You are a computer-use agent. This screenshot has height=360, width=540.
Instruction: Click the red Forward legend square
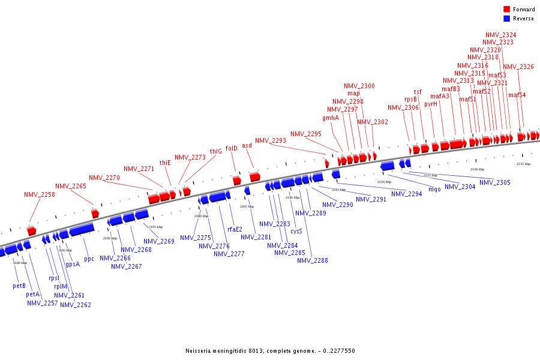507,10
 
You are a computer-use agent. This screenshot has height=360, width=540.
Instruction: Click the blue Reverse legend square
507,19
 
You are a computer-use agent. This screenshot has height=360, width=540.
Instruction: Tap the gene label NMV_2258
40,194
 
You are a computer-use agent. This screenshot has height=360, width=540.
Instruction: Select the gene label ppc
89,259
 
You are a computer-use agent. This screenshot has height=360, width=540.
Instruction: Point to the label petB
19,286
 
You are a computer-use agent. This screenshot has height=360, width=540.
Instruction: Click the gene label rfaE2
235,229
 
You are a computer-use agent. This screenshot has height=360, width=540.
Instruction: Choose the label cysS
296,231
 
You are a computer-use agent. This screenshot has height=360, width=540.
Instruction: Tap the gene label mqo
434,190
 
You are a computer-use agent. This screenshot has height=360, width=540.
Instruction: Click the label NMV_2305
494,182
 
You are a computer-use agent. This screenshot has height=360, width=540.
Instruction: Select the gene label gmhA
331,118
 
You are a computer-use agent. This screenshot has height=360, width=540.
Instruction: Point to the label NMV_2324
500,35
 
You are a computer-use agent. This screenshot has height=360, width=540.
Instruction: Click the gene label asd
247,145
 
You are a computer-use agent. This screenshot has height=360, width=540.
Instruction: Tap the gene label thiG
215,151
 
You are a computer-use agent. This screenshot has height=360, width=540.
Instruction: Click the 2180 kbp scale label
20,263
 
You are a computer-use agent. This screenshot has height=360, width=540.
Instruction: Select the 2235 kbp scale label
524,164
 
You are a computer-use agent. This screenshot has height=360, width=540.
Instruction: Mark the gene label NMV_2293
271,140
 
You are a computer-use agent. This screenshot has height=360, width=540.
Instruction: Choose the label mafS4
517,95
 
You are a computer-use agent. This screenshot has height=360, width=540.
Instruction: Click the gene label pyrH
431,104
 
